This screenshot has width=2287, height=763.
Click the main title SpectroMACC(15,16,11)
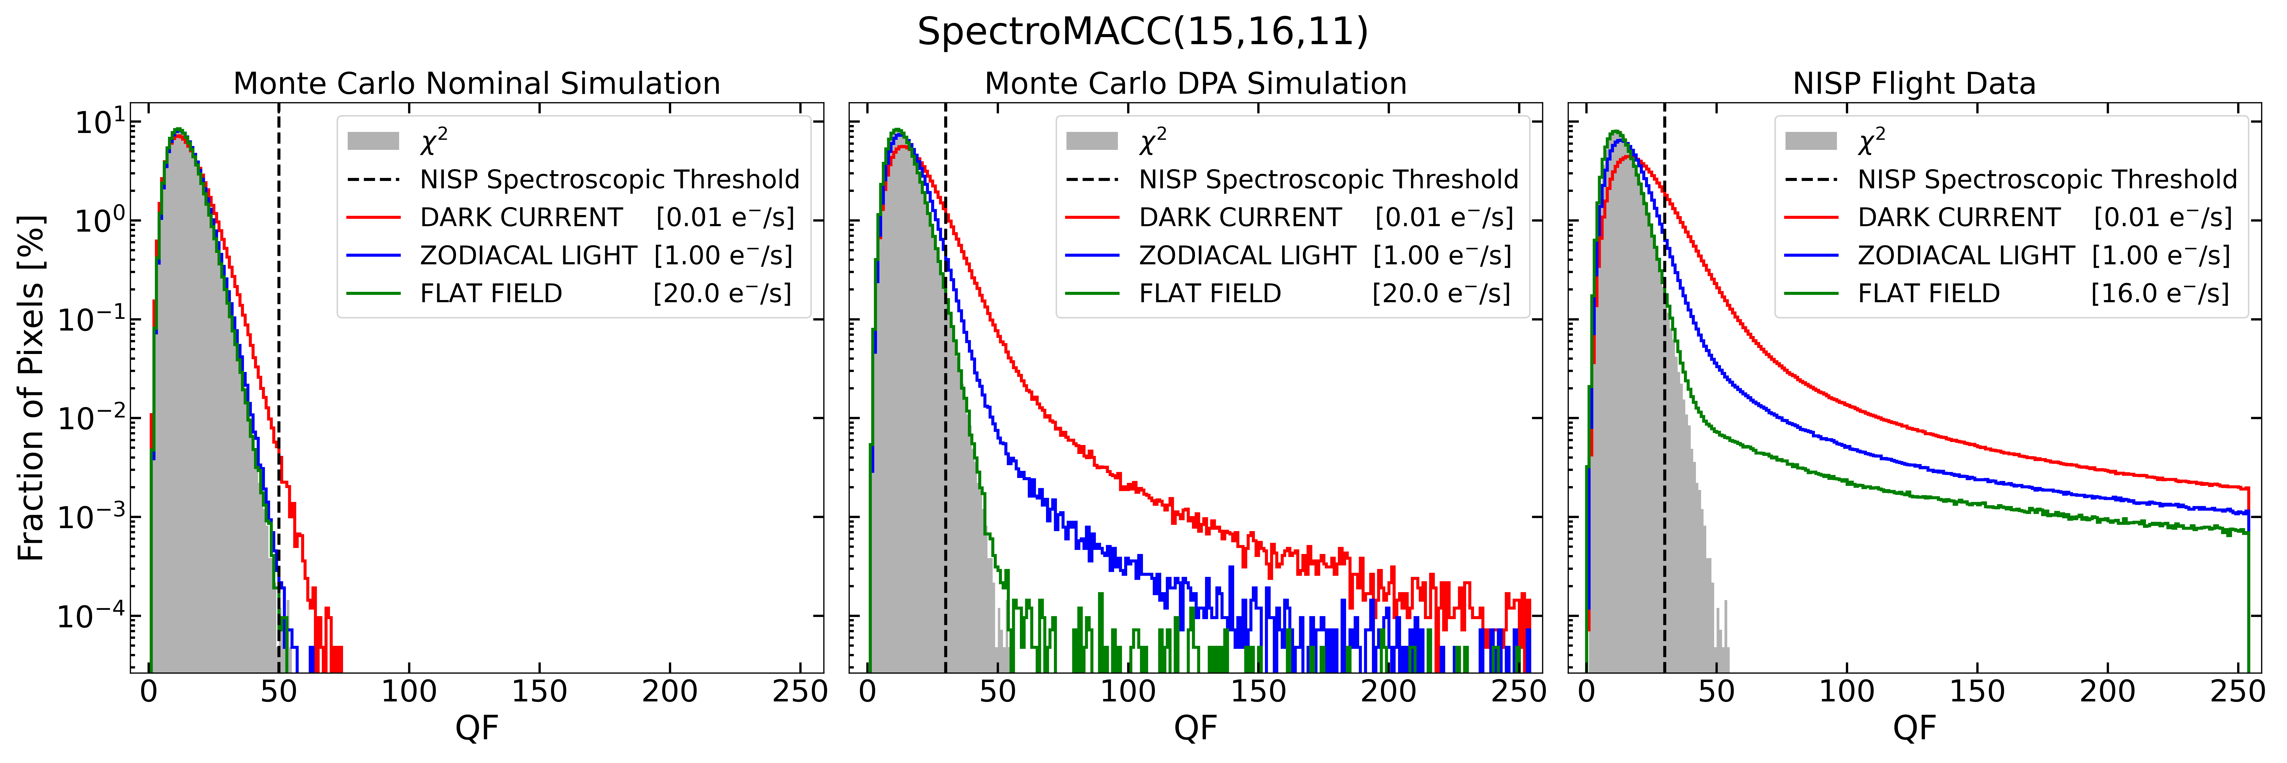(x=1143, y=32)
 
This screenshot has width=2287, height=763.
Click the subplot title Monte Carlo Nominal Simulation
(x=477, y=83)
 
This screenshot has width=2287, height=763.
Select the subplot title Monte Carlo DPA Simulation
(x=1196, y=83)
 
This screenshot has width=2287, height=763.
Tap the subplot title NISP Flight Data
(x=1914, y=83)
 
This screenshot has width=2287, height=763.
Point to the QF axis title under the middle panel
(x=1196, y=728)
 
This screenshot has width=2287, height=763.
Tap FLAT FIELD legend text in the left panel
(x=491, y=294)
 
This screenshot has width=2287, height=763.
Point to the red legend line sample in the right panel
(x=1811, y=218)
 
